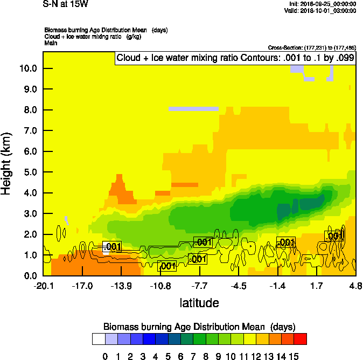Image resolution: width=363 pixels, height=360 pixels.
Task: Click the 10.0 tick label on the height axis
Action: (27, 68)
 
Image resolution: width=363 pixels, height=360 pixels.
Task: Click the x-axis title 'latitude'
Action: (199, 303)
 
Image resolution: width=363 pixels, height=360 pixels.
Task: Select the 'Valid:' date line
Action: (322, 11)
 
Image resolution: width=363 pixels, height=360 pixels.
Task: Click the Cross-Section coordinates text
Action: (312, 47)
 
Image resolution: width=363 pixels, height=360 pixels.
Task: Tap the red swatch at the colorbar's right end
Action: (300, 338)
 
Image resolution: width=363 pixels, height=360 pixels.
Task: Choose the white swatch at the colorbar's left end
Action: (99, 338)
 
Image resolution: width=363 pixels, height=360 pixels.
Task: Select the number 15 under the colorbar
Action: (294, 356)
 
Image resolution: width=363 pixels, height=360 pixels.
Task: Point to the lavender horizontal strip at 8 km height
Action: (193, 108)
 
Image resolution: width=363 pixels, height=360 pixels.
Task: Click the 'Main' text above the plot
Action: (51, 43)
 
